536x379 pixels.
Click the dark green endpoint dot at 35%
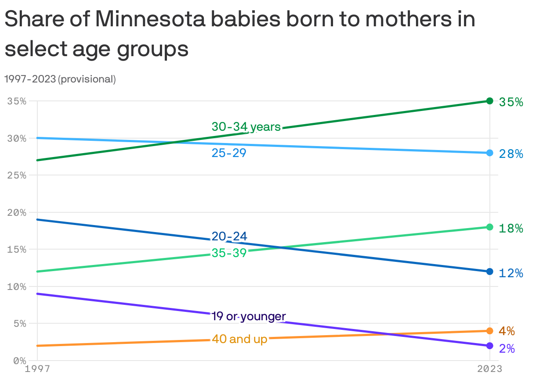pos(489,101)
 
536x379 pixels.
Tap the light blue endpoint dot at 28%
pos(489,153)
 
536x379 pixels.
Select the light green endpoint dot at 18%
pos(489,227)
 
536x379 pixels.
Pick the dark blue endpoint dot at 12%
pos(489,272)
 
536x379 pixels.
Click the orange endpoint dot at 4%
pos(489,331)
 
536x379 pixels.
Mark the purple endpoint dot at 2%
pos(489,346)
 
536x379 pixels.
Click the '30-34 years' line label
pos(246,127)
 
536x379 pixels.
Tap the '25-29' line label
pos(229,153)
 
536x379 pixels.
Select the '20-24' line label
pos(229,236)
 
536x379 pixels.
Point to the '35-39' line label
pos(229,253)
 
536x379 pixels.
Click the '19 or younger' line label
pos(249,316)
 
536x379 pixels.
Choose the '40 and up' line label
pos(239,339)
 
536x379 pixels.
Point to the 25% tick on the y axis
pos(17,175)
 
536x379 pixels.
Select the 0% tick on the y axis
pos(19,361)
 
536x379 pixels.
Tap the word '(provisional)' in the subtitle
pos(87,79)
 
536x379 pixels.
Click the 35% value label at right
pos(511,102)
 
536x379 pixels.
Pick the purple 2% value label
pos(507,349)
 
